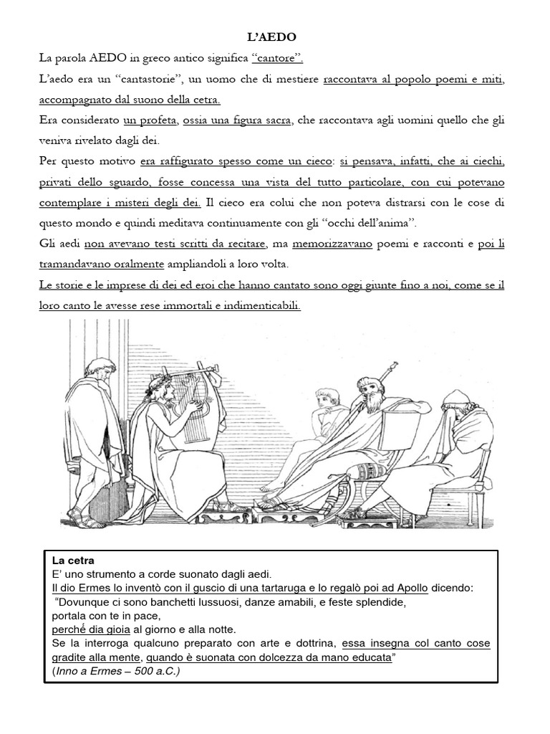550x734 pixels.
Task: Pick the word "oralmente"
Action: pos(139,264)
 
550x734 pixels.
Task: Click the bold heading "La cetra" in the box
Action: pos(73,560)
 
